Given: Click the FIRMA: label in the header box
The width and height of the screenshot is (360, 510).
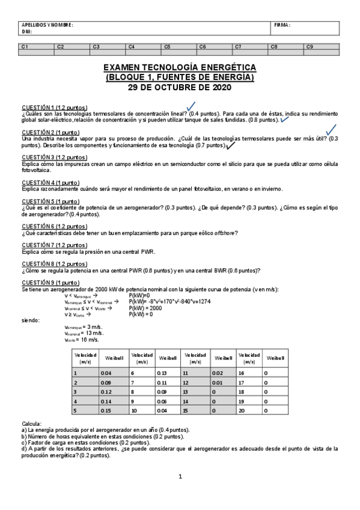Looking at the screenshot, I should [282, 25].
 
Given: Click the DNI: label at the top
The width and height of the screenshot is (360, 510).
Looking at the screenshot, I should [26, 31].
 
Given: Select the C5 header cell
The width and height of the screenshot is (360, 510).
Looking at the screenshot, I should [167, 46].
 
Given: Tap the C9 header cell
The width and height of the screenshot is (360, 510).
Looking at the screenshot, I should [310, 46].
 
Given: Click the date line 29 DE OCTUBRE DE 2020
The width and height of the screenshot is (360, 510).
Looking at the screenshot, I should [180, 87].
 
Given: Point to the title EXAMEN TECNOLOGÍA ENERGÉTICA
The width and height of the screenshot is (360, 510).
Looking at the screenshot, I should [180, 67].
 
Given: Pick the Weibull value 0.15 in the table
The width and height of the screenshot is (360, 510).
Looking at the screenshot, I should [106, 411].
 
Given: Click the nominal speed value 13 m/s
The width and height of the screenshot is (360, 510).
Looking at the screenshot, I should [84, 333].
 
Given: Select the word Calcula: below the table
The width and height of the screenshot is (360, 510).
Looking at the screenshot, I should [32, 424].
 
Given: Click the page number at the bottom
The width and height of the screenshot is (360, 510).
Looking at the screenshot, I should [180, 477].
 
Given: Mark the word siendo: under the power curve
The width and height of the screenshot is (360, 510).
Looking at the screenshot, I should [31, 320].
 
